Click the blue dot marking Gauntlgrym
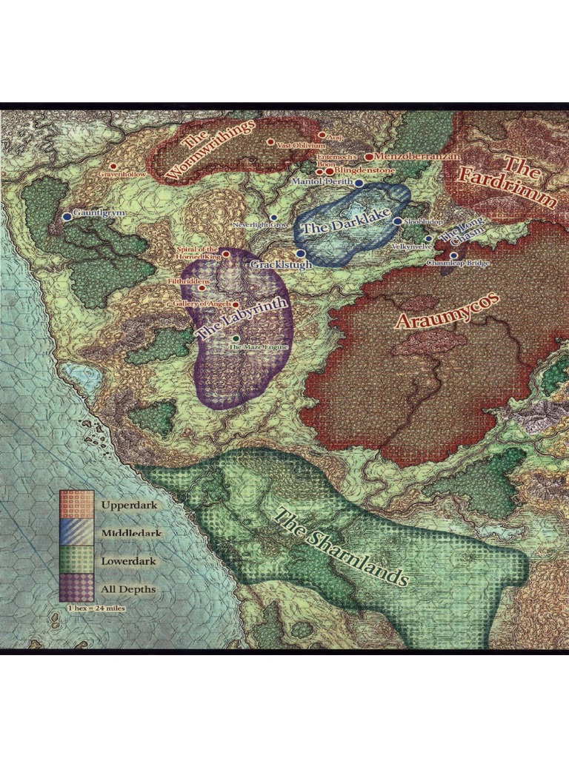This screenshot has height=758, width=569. click(67, 216)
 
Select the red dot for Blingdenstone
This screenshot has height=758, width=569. click(329, 171)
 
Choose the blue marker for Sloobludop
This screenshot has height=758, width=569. click(398, 221)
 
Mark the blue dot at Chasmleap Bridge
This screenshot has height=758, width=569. click(453, 255)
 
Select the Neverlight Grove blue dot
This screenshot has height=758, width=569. click(273, 218)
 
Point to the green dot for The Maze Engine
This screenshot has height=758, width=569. click(235, 338)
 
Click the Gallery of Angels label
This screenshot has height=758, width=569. click(202, 303)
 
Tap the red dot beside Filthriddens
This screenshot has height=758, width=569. click(202, 288)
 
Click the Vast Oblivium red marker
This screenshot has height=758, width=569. click(271, 141)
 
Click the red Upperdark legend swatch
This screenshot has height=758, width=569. click(76, 503)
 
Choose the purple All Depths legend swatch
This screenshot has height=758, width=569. click(76, 588)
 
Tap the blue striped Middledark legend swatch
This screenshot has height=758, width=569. click(76, 532)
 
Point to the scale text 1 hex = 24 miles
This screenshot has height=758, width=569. click(94, 608)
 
